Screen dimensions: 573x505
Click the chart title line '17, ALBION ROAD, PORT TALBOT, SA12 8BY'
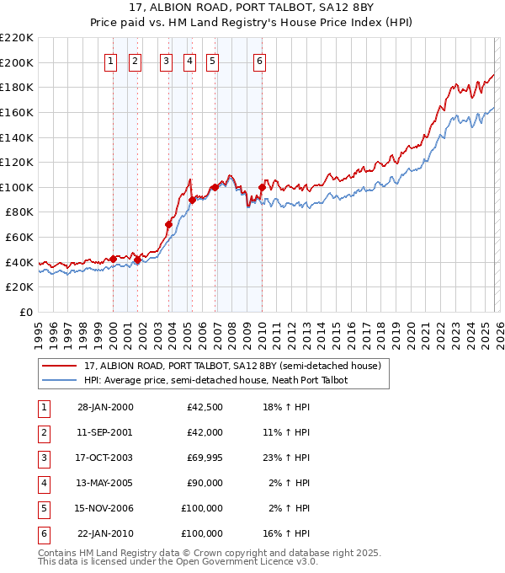click(252, 8)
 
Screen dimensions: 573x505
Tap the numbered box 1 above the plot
click(111, 61)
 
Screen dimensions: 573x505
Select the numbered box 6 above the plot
click(259, 61)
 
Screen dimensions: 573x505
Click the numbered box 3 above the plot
click(166, 61)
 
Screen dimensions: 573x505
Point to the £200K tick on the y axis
click(17, 62)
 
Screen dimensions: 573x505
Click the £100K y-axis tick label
click(17, 187)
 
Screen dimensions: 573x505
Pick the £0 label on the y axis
click(26, 312)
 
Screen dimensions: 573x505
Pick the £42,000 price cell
click(203, 433)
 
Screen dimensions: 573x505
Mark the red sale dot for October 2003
click(168, 225)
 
